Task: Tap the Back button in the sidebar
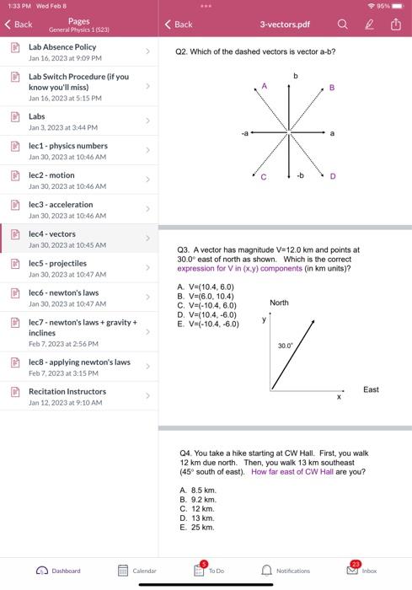coord(19,24)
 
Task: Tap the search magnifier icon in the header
coord(343,24)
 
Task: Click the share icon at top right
coord(395,24)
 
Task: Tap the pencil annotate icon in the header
coord(369,24)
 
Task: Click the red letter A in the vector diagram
coord(264,86)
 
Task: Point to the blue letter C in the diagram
coord(263,176)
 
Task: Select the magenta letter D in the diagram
coord(333,176)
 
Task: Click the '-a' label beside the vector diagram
coord(244,133)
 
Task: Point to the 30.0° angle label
coord(285,346)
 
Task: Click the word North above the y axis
coord(279,302)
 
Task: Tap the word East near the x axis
coord(371,389)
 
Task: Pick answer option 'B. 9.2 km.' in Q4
coord(198,499)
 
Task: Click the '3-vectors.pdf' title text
coord(285,24)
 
